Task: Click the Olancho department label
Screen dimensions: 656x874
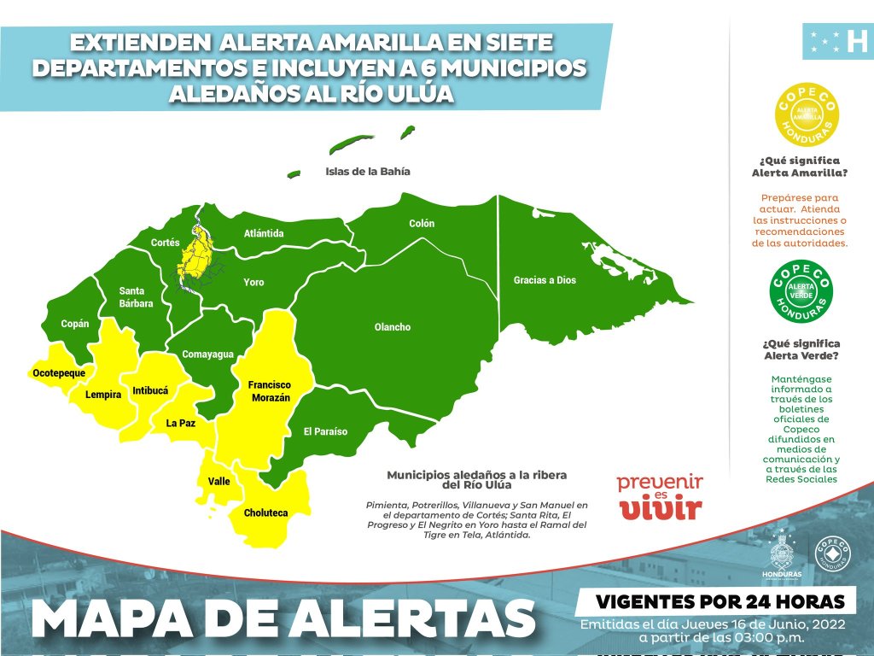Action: (393, 327)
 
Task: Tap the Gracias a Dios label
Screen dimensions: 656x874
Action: (545, 280)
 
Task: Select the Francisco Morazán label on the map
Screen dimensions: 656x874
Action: (270, 391)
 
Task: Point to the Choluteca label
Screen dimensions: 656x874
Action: (265, 513)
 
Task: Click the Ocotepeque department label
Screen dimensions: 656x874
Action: (59, 373)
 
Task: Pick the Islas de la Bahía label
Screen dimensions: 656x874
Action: (368, 171)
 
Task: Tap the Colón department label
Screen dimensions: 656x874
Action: (422, 224)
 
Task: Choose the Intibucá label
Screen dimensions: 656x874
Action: (150, 391)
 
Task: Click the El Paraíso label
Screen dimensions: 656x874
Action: (325, 431)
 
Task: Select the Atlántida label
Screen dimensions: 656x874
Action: (264, 233)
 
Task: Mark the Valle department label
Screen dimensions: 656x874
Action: (219, 482)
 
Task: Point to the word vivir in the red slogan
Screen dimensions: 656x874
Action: (661, 510)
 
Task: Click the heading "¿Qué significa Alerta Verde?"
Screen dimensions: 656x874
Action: (801, 350)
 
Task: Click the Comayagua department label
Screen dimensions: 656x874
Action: (207, 354)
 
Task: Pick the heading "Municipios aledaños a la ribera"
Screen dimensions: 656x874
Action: (476, 474)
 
